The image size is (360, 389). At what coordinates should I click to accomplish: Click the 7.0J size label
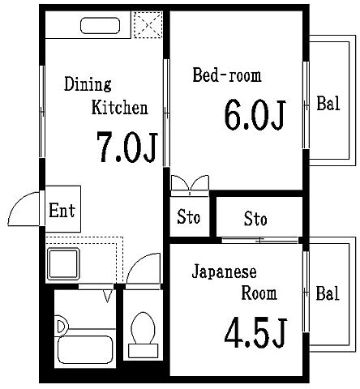125,147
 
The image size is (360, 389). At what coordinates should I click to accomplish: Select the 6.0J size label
254,115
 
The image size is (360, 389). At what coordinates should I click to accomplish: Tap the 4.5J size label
255,333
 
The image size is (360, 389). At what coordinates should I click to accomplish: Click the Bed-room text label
227,76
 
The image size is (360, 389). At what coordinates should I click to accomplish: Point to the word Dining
88,83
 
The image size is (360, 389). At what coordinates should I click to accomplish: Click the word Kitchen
119,107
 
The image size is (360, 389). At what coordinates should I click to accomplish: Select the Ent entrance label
62,212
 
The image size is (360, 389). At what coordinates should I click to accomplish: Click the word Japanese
225,271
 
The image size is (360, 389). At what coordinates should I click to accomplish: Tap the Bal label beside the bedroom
328,104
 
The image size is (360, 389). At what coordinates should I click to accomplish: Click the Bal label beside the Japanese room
328,293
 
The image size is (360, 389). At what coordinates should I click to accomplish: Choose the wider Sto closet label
255,219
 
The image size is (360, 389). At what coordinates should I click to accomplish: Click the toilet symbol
144,332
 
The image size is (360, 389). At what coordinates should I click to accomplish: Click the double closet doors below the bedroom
190,184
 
